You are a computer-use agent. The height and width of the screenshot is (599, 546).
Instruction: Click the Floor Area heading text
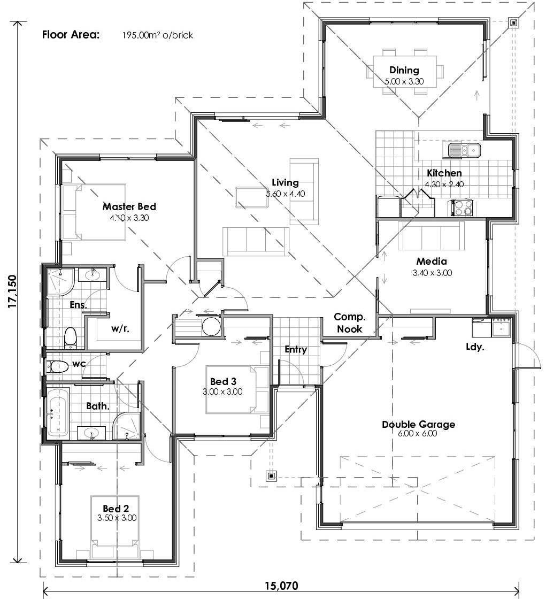(71, 35)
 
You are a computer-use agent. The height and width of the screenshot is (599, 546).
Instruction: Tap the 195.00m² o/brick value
(158, 36)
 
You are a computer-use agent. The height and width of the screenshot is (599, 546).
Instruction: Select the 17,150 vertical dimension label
(12, 291)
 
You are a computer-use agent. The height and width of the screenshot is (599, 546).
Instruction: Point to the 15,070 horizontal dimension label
(281, 586)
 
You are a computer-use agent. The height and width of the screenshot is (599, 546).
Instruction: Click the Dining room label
(404, 70)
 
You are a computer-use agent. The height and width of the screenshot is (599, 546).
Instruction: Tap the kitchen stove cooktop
(462, 208)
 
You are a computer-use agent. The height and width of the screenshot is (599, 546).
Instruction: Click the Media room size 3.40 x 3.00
(432, 272)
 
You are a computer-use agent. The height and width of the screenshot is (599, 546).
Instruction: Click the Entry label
(295, 350)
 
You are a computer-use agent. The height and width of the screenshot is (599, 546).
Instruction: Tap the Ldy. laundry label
(475, 347)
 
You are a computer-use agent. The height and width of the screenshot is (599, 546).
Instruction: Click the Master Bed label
(129, 206)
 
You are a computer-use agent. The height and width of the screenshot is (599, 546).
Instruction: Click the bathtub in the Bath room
(58, 412)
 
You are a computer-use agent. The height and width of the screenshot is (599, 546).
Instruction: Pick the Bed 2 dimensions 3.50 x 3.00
(117, 518)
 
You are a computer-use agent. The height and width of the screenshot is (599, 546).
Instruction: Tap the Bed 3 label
(223, 381)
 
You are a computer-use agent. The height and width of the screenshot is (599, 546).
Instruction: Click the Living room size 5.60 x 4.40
(285, 194)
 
